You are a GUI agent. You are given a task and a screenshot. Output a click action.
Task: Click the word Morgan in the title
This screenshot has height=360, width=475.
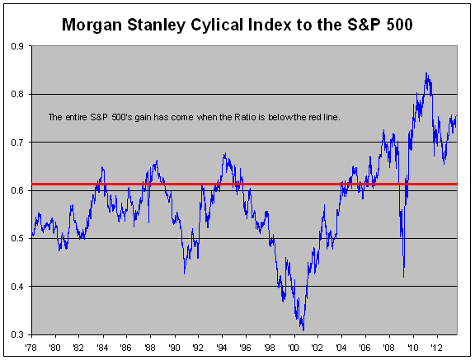(x=92, y=25)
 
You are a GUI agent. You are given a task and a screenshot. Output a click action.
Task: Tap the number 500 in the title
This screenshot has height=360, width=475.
(x=399, y=25)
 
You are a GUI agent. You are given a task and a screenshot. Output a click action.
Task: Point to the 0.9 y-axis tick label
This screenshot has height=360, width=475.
(x=17, y=46)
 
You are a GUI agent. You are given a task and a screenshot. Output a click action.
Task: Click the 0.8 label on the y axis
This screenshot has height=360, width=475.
(x=17, y=94)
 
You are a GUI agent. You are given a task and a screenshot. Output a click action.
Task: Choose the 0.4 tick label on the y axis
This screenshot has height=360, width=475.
(x=17, y=286)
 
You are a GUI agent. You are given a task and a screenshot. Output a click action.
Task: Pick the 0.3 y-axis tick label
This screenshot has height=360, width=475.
(x=17, y=334)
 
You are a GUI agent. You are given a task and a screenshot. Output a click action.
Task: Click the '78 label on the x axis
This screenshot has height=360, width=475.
(x=31, y=348)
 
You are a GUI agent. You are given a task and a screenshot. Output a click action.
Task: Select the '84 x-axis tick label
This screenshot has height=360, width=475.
(x=102, y=348)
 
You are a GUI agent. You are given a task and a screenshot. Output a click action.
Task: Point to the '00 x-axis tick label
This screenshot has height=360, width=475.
(x=294, y=348)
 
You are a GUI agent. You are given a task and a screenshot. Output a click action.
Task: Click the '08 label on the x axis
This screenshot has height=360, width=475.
(x=388, y=348)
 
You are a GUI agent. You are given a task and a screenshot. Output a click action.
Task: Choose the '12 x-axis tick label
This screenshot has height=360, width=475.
(x=436, y=348)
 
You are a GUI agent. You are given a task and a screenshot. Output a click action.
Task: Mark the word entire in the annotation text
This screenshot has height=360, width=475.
(x=77, y=117)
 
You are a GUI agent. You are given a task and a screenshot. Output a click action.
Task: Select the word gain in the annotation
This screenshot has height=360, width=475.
(x=143, y=118)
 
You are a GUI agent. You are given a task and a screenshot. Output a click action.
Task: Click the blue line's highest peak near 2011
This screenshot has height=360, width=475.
(x=426, y=73)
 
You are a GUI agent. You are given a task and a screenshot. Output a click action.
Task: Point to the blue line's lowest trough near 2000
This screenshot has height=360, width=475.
(x=303, y=330)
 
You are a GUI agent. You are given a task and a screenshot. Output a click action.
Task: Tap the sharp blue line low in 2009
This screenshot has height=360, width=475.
(x=403, y=277)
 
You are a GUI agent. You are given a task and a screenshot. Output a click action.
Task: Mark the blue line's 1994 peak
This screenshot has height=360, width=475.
(x=225, y=153)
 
